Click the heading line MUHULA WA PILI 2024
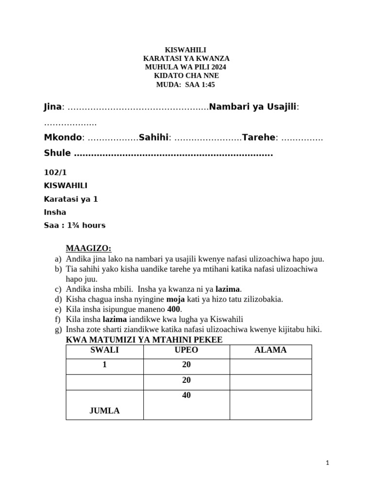[x=186, y=67]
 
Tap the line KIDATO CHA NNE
[x=186, y=76]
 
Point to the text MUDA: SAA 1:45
[x=186, y=85]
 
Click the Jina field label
[x=53, y=107]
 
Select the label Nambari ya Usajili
[x=253, y=107]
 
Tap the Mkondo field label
[x=63, y=138]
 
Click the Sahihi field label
[x=153, y=138]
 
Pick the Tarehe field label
[x=259, y=138]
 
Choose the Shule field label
[x=57, y=153]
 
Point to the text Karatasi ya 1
[x=71, y=199]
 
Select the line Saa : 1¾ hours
[x=74, y=225]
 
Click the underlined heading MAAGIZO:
[x=88, y=249]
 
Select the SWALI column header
[x=104, y=350]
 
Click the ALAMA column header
[x=271, y=350]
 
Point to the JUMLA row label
[x=104, y=411]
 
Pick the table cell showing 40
[x=186, y=395]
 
